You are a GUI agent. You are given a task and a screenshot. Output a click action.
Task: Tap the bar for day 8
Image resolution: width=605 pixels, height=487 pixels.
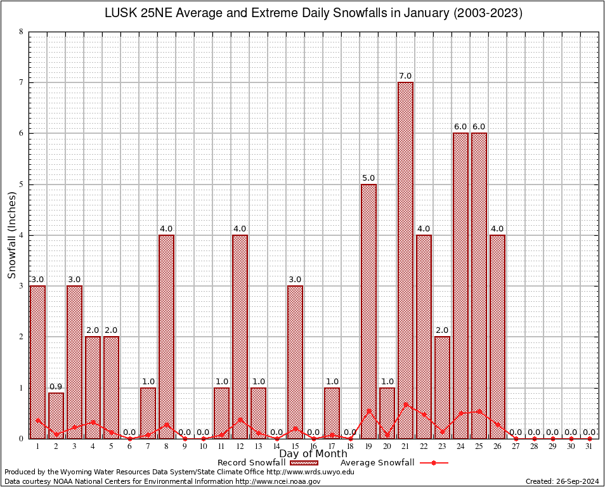pyautogui.click(x=166, y=336)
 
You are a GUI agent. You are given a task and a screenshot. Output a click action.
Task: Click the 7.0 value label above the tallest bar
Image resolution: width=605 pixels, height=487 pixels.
pyautogui.click(x=405, y=76)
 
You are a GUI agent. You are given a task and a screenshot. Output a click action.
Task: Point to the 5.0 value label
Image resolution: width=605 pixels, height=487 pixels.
pyautogui.click(x=368, y=178)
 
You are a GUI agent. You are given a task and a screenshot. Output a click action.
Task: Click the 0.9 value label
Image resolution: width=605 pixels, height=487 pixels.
pyautogui.click(x=56, y=387)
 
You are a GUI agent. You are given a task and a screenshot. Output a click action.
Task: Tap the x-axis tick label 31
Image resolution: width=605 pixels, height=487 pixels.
pyautogui.click(x=590, y=446)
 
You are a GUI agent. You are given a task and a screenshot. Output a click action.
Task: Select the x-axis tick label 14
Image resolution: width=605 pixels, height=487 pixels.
pyautogui.click(x=276, y=446)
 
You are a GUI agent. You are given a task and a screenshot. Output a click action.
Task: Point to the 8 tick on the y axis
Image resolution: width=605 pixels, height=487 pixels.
pyautogui.click(x=21, y=32)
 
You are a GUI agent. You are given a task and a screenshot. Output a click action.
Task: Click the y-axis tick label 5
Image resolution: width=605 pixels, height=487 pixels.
pyautogui.click(x=21, y=185)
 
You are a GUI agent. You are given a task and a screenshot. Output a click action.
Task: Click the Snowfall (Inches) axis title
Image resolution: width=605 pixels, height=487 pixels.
pyautogui.click(x=12, y=235)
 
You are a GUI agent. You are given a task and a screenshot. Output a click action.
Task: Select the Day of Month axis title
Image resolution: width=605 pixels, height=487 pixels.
pyautogui.click(x=313, y=454)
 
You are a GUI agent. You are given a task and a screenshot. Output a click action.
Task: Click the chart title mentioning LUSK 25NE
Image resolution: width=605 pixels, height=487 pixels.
pyautogui.click(x=313, y=13)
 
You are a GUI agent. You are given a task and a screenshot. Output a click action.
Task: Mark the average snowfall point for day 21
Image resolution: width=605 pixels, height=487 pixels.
pyautogui.click(x=405, y=403)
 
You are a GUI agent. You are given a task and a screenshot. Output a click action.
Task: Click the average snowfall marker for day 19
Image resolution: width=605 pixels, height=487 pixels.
pyautogui.click(x=368, y=410)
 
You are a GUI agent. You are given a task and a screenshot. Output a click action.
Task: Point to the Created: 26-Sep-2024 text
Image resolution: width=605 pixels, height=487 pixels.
pyautogui.click(x=562, y=481)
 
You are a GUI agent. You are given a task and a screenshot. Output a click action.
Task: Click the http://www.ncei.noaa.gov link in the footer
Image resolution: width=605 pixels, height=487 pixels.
pyautogui.click(x=278, y=481)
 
